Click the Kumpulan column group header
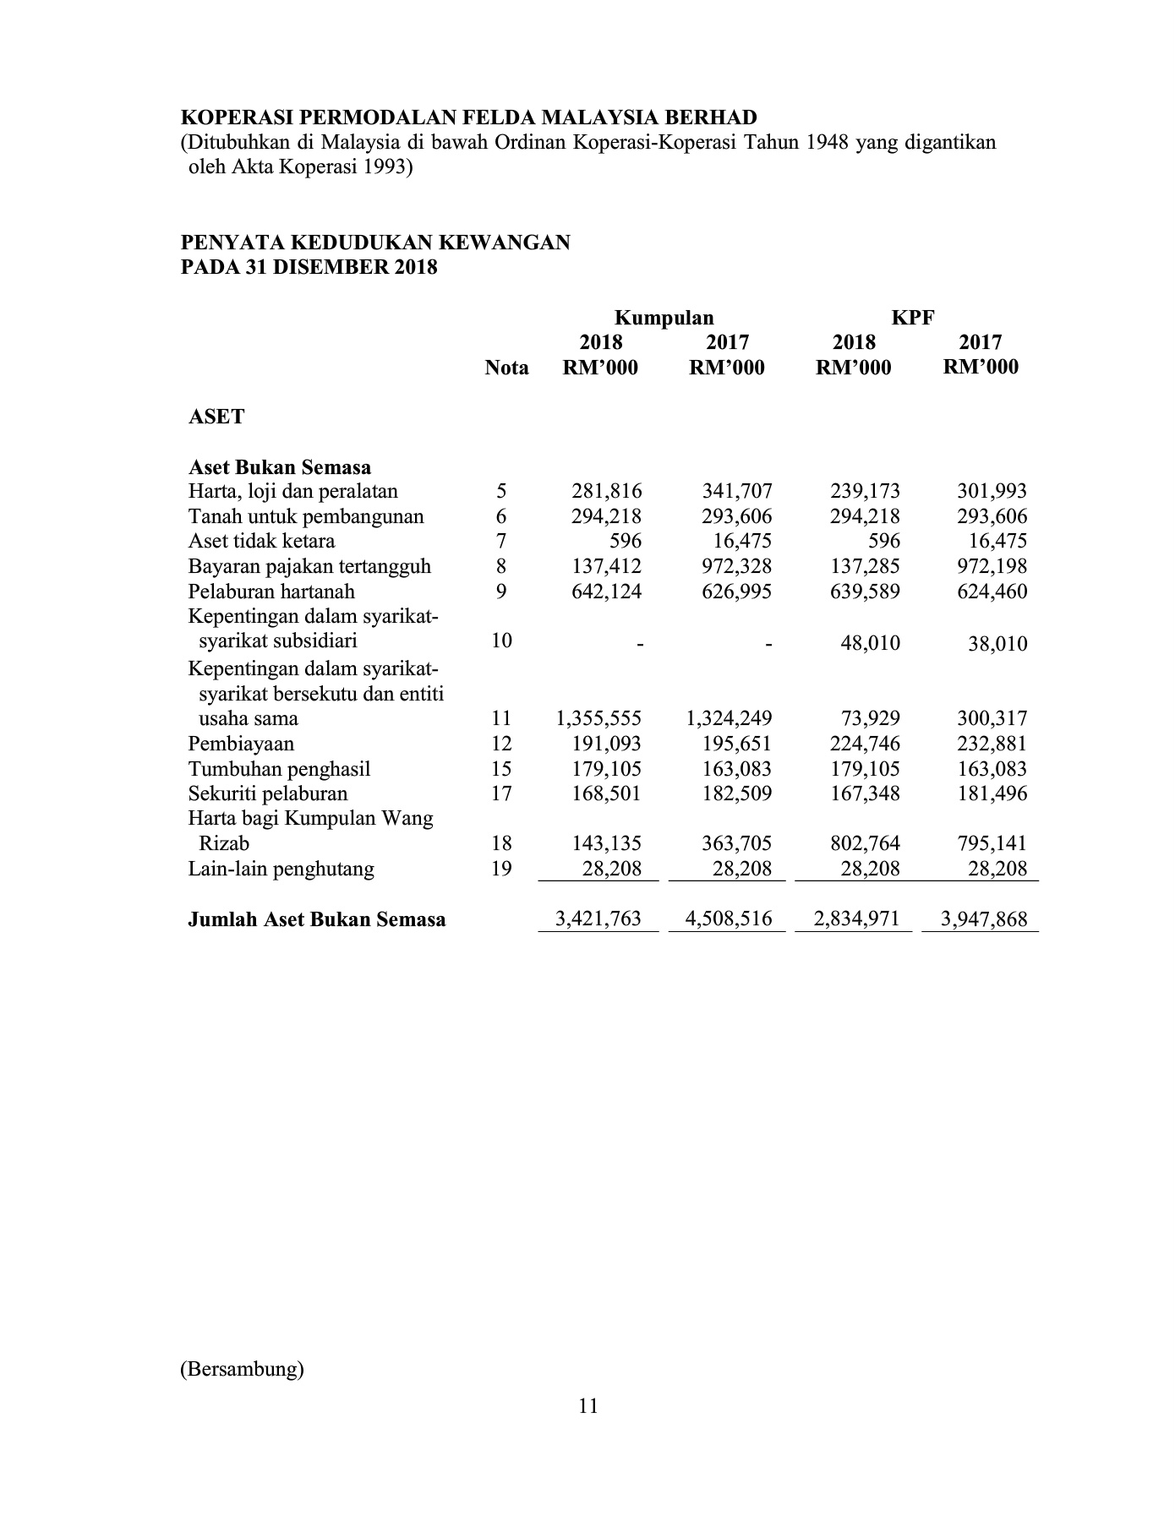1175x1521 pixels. coord(664,318)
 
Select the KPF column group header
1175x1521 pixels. coord(913,318)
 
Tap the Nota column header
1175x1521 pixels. coord(506,368)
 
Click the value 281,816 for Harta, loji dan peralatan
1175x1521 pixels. coord(606,491)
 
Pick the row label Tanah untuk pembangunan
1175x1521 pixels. coord(306,516)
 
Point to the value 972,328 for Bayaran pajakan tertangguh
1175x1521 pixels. coord(736,566)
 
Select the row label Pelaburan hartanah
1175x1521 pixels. coord(271,591)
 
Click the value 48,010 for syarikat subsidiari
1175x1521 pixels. coord(870,643)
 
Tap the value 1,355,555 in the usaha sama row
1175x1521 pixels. coord(598,718)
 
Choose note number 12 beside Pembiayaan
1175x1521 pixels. coord(501,744)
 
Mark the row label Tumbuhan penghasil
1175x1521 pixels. coord(279,769)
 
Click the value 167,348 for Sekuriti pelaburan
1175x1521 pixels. coord(865,793)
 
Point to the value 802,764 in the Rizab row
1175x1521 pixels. coord(865,843)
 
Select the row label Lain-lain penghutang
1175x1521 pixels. coord(281,869)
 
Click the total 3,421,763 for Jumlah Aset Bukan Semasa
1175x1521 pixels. coord(598,919)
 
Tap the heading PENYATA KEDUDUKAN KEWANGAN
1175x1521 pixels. coord(375,243)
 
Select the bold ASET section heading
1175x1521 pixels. coord(216,417)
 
